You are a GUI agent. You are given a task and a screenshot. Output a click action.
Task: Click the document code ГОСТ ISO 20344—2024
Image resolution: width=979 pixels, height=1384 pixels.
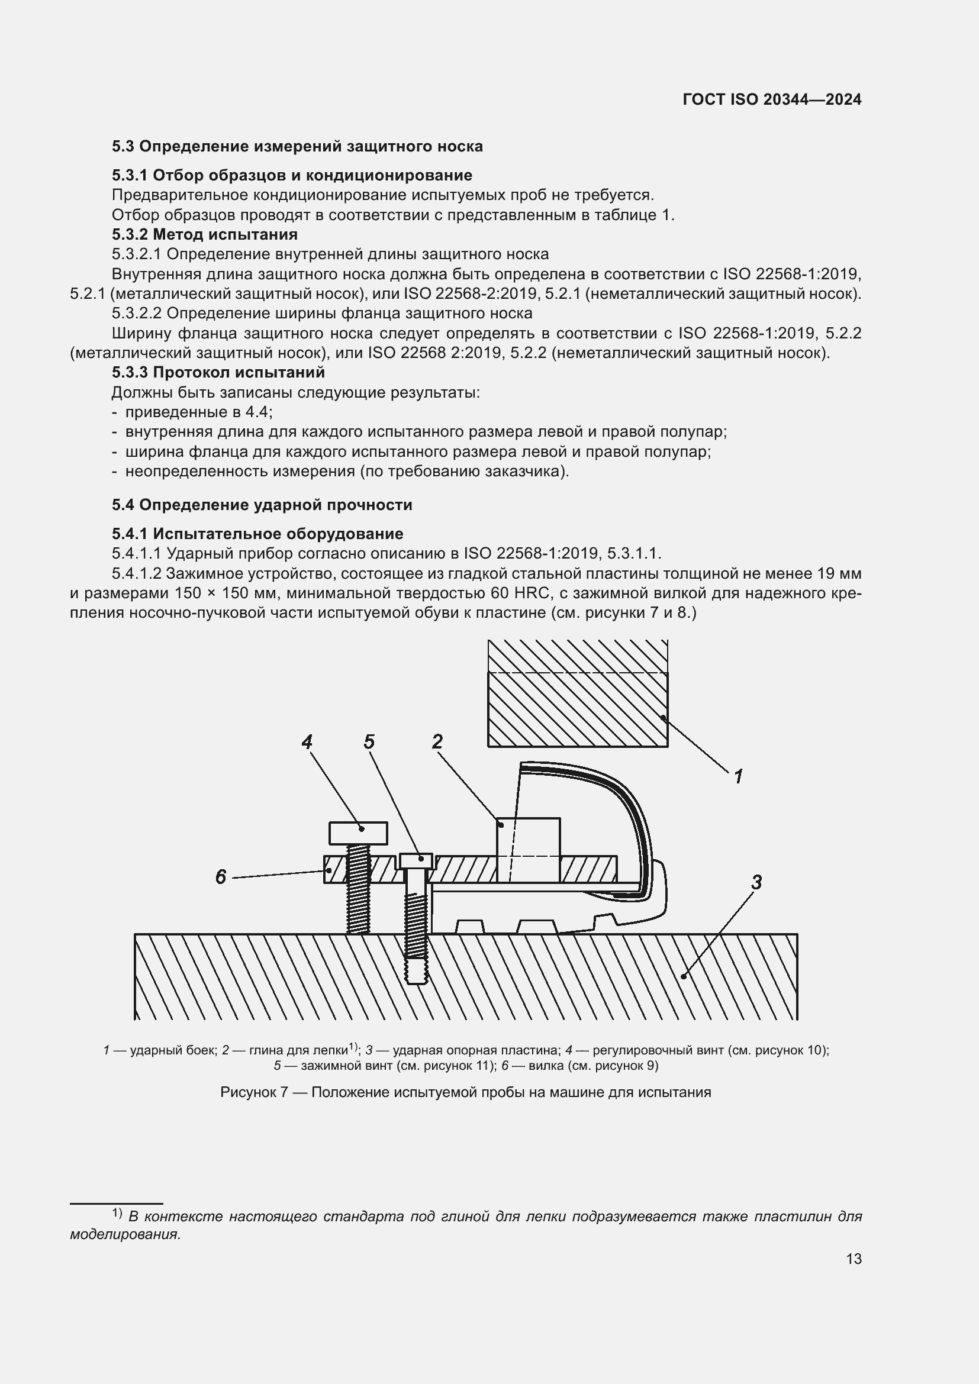click(772, 100)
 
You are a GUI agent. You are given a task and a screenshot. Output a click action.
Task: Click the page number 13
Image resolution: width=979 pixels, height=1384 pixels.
click(854, 1259)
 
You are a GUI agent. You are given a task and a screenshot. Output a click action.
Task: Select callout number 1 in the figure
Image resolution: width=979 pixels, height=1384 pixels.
click(739, 776)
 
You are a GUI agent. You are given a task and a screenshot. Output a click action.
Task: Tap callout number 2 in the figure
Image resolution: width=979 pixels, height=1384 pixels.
click(437, 741)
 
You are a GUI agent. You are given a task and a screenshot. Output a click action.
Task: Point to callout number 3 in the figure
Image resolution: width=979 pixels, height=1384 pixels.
click(756, 882)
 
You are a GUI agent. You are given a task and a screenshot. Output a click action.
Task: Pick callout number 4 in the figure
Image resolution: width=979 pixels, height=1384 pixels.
click(307, 741)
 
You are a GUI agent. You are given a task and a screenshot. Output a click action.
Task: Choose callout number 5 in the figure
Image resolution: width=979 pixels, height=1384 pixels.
click(369, 741)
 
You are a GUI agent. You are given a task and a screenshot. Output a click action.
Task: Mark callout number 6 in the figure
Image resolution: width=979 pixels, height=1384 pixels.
click(221, 877)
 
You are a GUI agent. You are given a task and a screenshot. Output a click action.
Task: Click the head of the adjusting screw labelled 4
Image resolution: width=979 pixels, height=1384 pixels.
click(358, 833)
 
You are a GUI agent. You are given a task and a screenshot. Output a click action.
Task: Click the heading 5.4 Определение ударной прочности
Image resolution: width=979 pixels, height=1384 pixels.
click(262, 505)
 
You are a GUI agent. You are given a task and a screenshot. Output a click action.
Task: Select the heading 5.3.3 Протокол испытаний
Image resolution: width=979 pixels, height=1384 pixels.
click(218, 373)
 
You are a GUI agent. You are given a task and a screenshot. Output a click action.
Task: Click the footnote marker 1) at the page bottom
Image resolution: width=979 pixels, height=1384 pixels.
click(117, 1214)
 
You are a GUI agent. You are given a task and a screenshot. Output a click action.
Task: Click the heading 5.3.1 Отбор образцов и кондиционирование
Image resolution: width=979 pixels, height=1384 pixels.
click(292, 175)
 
